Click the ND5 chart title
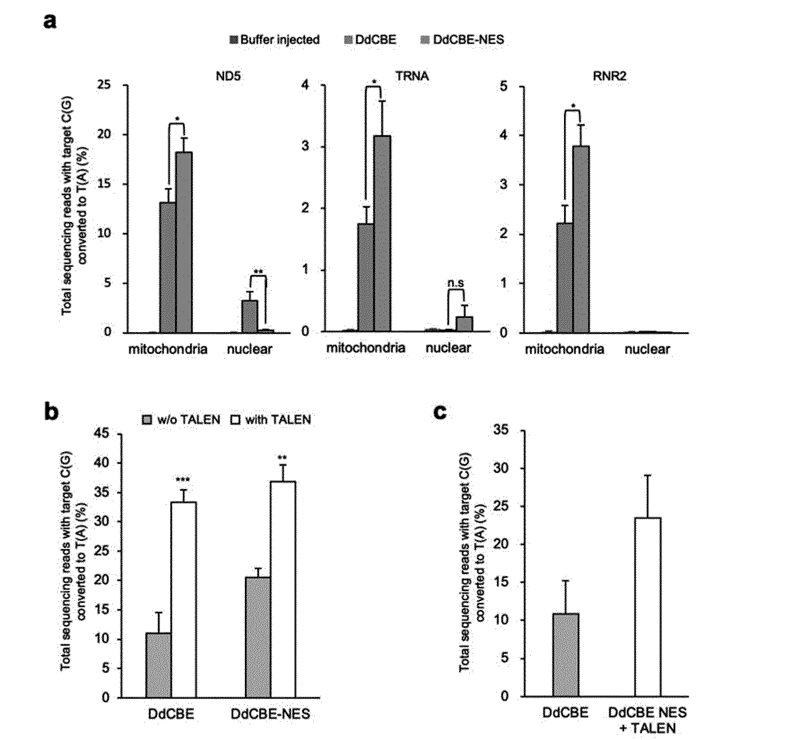pos(228,76)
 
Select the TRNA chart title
pos(412,76)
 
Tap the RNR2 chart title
pos(610,76)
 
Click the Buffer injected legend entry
pos(275,40)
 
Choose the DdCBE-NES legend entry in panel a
pos(462,40)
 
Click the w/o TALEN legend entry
pos(181,419)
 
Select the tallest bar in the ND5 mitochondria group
pos(184,242)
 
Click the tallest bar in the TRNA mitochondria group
pos(382,233)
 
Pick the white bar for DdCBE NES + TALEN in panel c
pos(647,607)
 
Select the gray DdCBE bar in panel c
pos(566,655)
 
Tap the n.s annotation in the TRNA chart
pos(456,283)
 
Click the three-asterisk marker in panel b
pos(183,480)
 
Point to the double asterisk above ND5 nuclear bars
pos(258,272)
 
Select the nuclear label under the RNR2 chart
pos(647,349)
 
